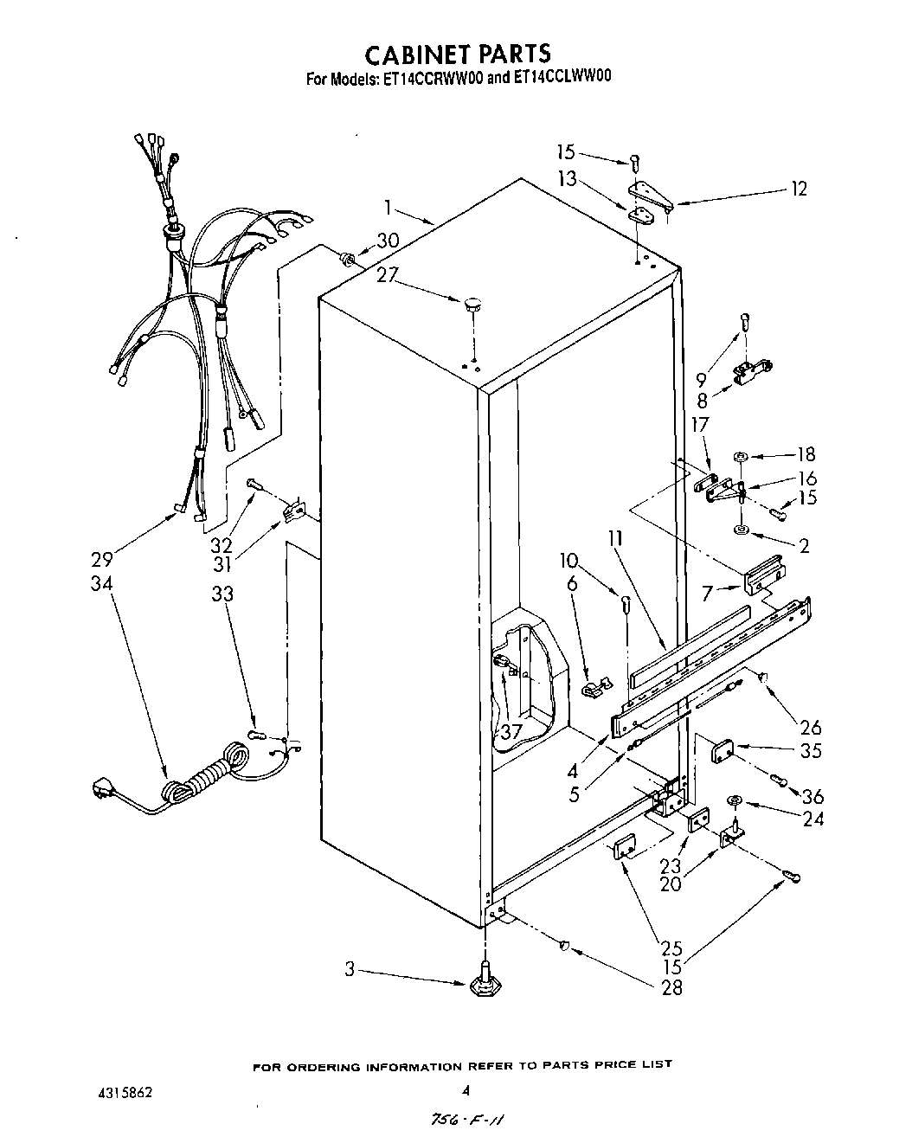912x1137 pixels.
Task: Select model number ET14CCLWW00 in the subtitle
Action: (563, 77)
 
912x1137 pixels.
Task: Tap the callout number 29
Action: (101, 559)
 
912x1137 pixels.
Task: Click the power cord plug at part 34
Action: (105, 788)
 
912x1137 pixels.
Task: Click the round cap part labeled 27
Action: (473, 303)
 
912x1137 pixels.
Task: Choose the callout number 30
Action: (388, 241)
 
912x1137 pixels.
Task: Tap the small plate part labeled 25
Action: (625, 849)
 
